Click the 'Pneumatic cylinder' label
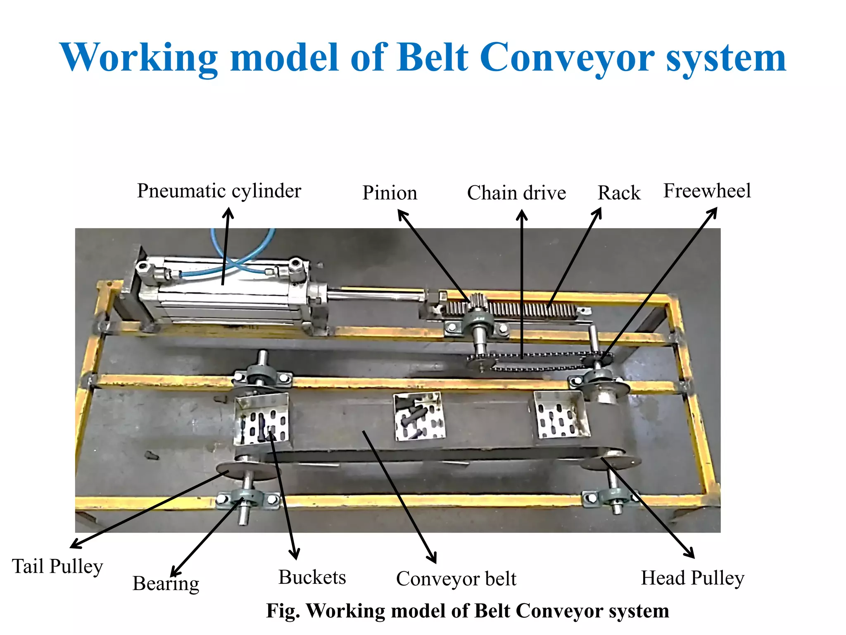tap(219, 191)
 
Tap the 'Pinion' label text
tap(390, 193)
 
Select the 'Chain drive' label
tap(516, 193)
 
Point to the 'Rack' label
tap(619, 193)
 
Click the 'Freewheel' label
tap(707, 191)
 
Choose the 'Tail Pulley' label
tap(57, 566)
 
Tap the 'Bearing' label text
tap(166, 584)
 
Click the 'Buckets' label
tap(312, 578)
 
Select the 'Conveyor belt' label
tap(456, 579)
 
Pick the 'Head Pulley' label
tap(692, 578)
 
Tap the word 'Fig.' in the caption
tap(283, 611)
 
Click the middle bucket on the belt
tap(419, 415)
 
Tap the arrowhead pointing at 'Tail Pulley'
tap(74, 545)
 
